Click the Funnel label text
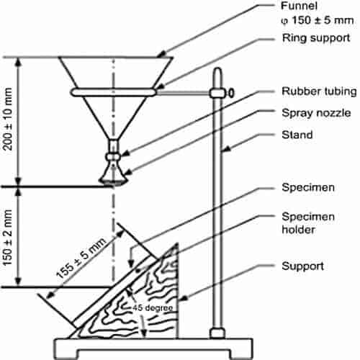[299, 6]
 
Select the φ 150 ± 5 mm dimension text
[318, 20]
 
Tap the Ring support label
[316, 38]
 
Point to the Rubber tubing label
[319, 91]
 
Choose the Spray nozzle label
[316, 113]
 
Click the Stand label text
[297, 135]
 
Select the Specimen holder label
[308, 223]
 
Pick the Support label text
[303, 266]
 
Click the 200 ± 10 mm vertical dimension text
[8, 119]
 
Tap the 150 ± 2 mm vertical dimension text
[8, 238]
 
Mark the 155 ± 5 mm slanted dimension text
[81, 258]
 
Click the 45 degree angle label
[153, 307]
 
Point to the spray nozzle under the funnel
[114, 173]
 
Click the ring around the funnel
[113, 92]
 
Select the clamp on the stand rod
[218, 93]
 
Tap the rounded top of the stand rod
[218, 71]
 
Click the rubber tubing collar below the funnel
[113, 157]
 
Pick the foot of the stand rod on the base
[217, 333]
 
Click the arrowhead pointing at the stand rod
[226, 149]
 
